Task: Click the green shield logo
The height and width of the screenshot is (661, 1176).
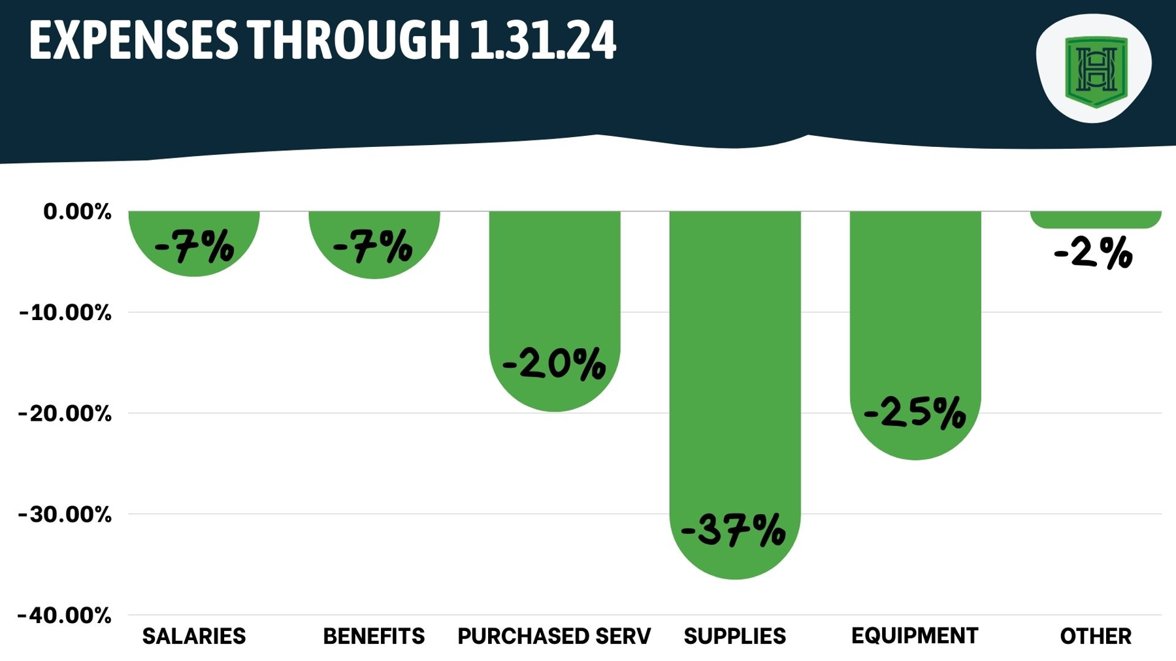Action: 1096,71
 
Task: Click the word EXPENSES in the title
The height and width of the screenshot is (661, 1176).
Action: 133,40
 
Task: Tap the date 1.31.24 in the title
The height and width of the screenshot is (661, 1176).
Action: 542,40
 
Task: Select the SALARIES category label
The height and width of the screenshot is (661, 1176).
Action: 194,636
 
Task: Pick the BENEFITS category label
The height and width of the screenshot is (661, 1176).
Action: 374,636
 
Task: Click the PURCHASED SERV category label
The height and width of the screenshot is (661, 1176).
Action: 554,636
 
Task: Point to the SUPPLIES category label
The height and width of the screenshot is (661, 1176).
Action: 734,636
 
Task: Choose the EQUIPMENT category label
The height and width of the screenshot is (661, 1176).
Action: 915,635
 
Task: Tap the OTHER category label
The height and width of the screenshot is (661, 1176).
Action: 1095,636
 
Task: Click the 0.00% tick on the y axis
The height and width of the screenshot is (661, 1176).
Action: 77,212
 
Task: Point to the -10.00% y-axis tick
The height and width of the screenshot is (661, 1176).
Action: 65,313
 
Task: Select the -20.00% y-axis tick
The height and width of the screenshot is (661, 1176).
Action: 65,413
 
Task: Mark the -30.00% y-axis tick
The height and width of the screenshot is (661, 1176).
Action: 65,515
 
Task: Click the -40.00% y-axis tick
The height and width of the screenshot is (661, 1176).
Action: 65,615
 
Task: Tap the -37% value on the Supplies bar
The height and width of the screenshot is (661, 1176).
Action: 733,530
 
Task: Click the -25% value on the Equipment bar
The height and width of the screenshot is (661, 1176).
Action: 915,413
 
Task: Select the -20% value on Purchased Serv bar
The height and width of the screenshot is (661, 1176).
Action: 554,363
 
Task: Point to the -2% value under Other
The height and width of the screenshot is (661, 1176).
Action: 1093,253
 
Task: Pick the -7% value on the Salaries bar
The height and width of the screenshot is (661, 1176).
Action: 194,247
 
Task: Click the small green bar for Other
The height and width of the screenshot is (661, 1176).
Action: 1096,219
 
